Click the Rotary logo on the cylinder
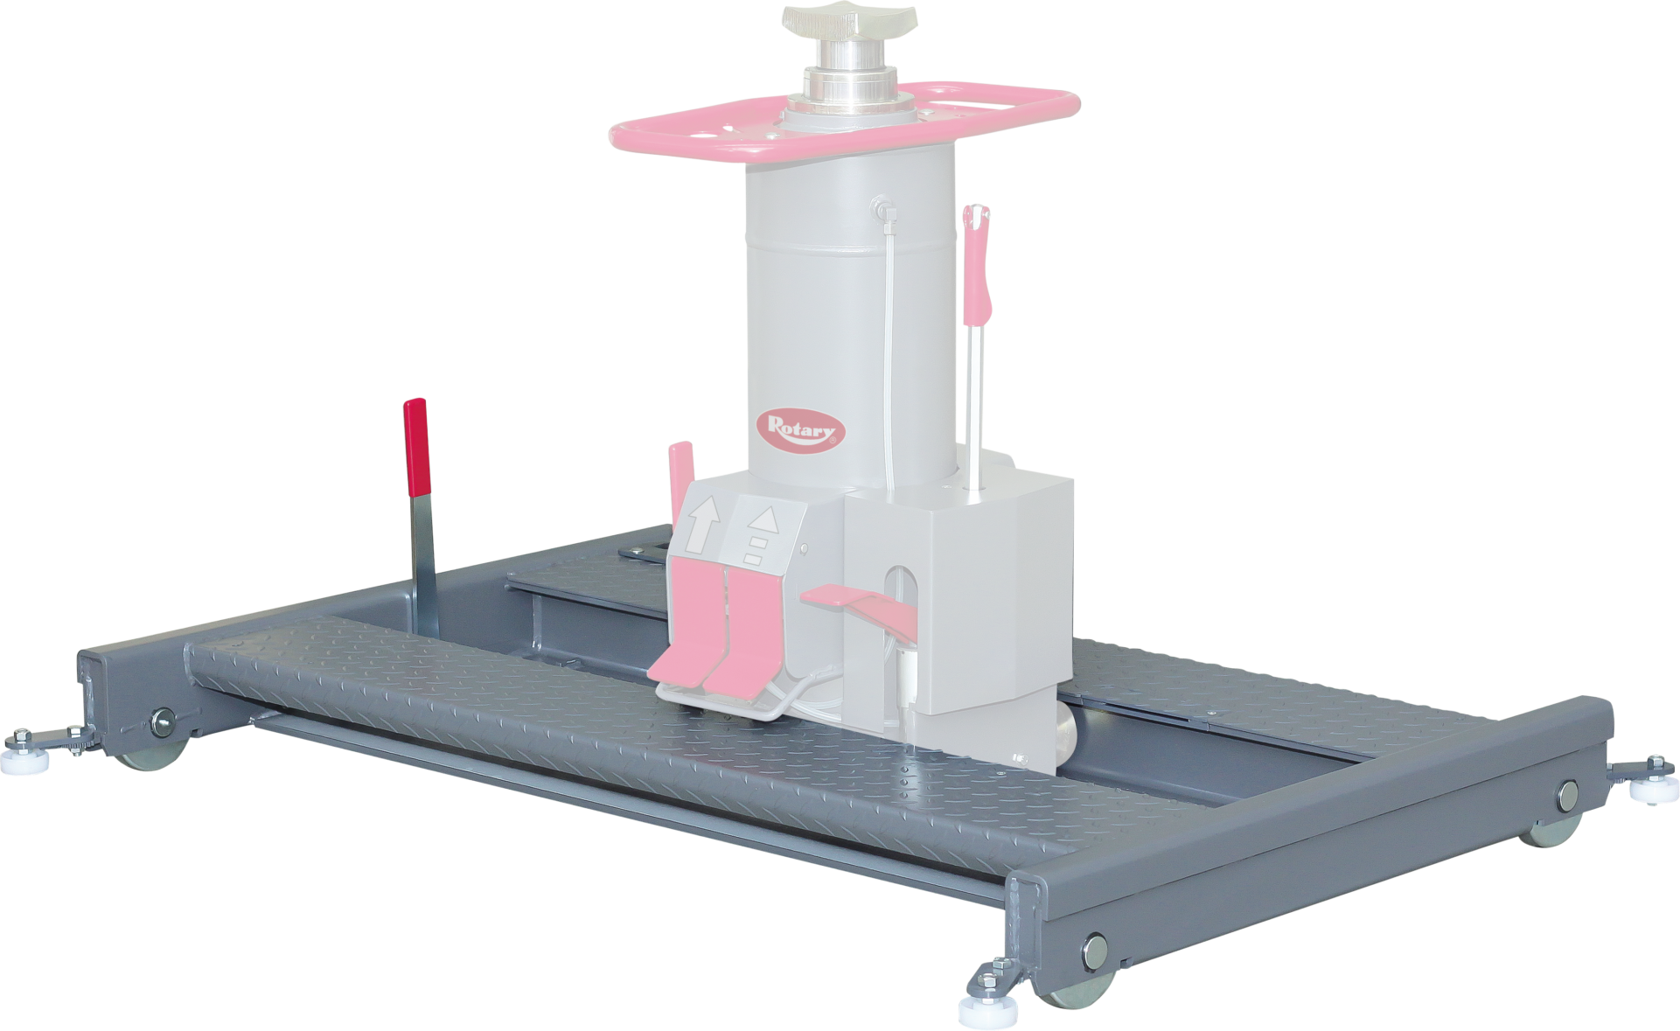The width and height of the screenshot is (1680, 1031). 801,429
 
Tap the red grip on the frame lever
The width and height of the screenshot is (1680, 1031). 415,447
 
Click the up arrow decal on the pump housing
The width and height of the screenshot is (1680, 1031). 702,524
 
